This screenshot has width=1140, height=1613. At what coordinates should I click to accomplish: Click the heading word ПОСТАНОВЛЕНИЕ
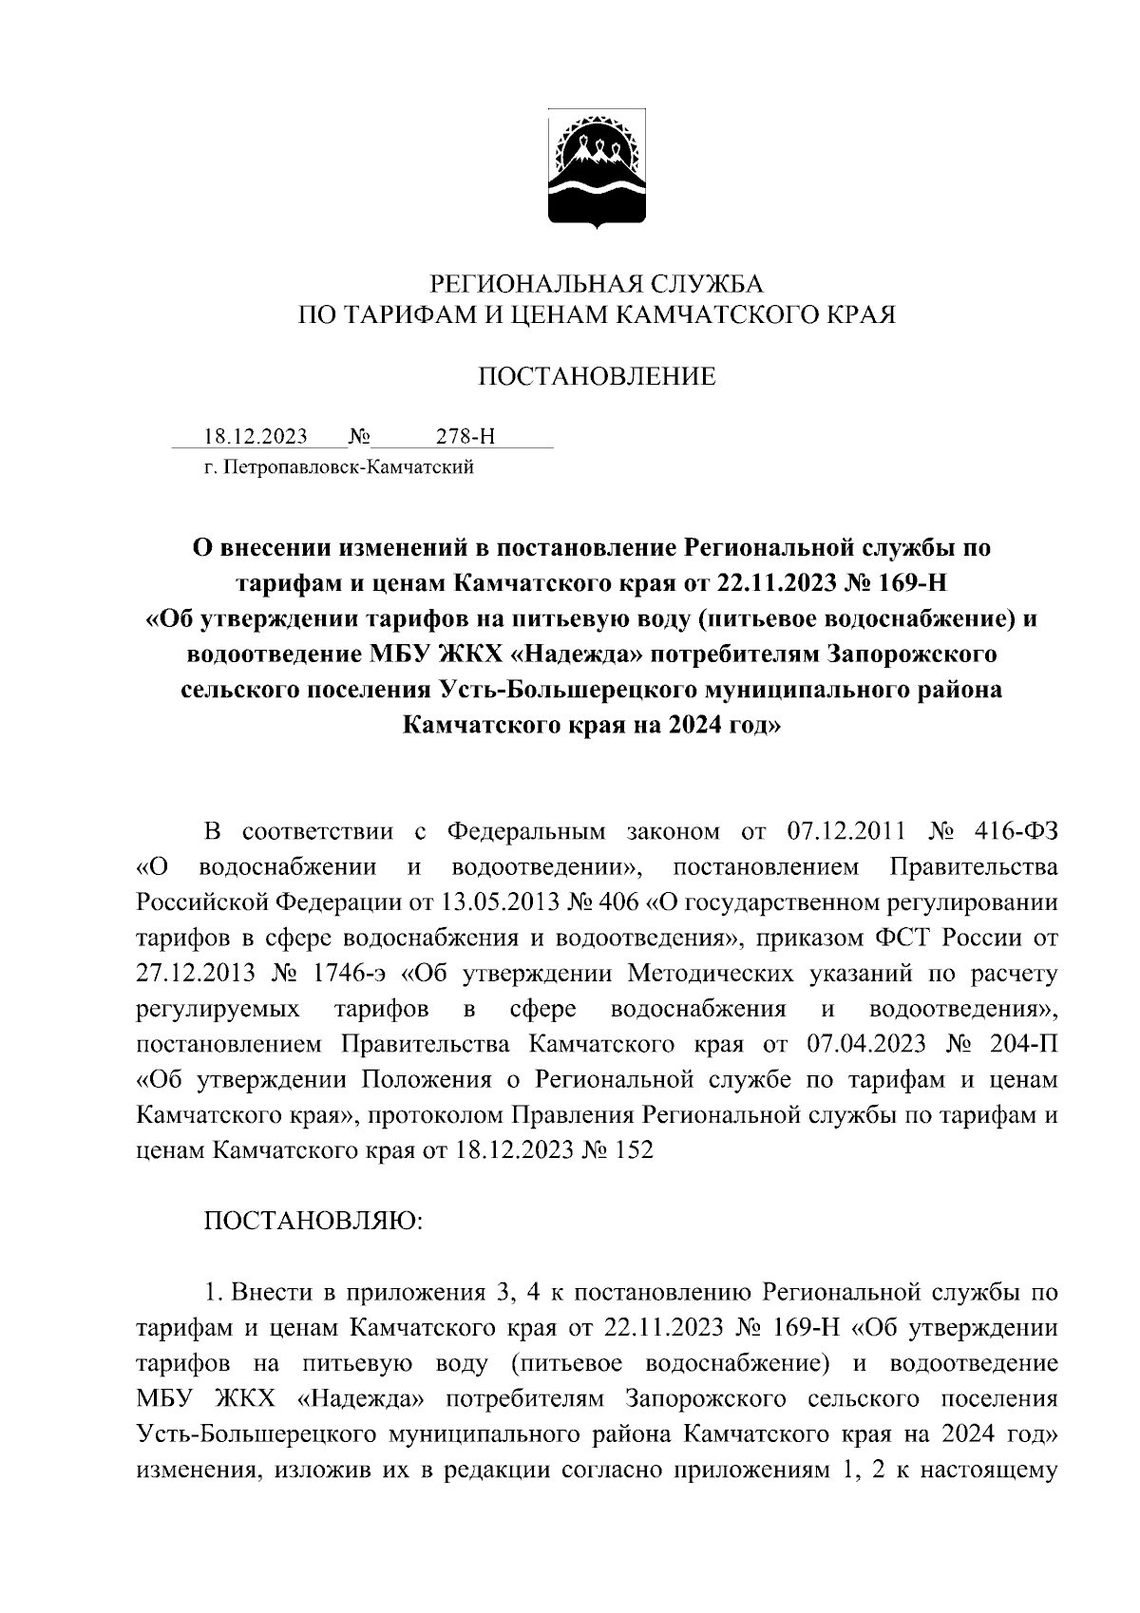click(x=597, y=377)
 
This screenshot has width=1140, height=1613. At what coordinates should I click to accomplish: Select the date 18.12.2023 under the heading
click(x=256, y=437)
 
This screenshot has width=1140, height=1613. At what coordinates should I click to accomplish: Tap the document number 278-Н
click(x=465, y=437)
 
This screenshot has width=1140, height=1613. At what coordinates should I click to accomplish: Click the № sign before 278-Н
click(x=360, y=437)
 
